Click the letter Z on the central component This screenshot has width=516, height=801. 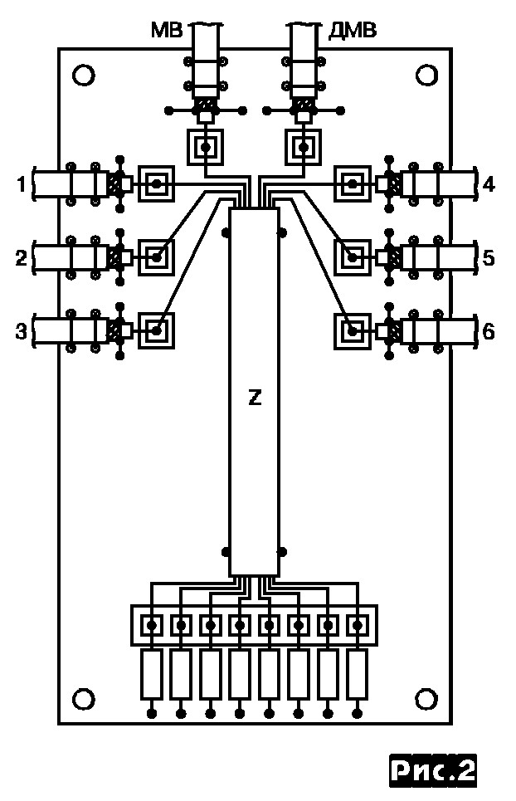point(255,399)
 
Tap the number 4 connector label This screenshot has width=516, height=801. point(489,184)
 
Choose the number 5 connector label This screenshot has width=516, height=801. point(489,258)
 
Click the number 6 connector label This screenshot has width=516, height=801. point(489,332)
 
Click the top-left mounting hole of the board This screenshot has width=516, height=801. point(83,76)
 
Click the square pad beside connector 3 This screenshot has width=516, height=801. point(156,331)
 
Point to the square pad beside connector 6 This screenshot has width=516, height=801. point(355,332)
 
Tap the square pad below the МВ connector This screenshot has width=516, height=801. point(205,149)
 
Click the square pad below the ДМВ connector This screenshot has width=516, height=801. point(304,149)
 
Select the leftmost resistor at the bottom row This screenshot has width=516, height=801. point(152,674)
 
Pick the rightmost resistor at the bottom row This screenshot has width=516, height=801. point(358,674)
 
